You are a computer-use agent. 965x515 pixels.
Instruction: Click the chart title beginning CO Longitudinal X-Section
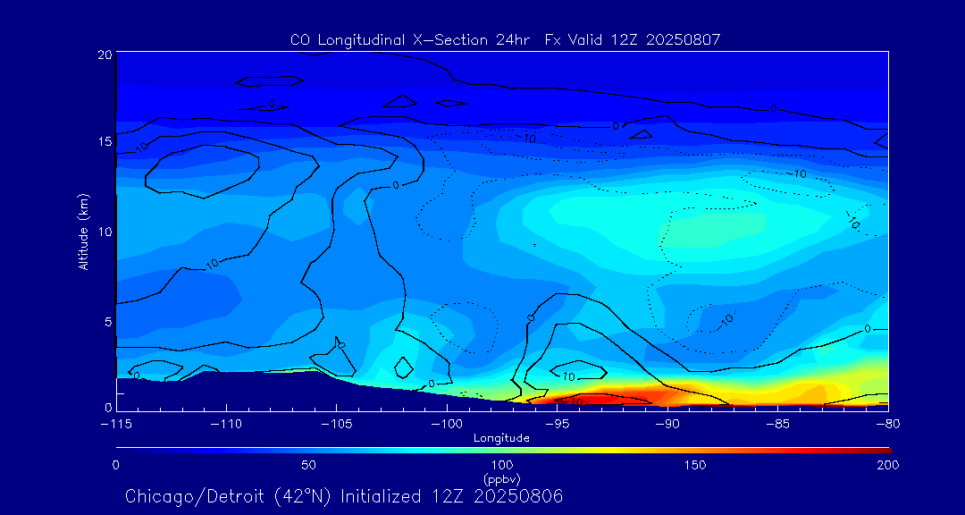(x=505, y=39)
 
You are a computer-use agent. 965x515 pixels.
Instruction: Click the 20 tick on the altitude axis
(x=105, y=55)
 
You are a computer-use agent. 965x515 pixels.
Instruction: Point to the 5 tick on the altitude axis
(x=107, y=320)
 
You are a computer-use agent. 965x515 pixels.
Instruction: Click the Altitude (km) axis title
(x=83, y=232)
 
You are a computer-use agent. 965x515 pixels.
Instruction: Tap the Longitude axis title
(x=501, y=438)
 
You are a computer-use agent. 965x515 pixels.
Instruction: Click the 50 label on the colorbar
(x=308, y=465)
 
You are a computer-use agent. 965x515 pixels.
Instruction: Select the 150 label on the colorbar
(x=694, y=465)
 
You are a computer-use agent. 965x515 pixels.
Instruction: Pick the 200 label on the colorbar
(x=887, y=465)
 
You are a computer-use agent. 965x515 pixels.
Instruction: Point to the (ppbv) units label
(x=501, y=478)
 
